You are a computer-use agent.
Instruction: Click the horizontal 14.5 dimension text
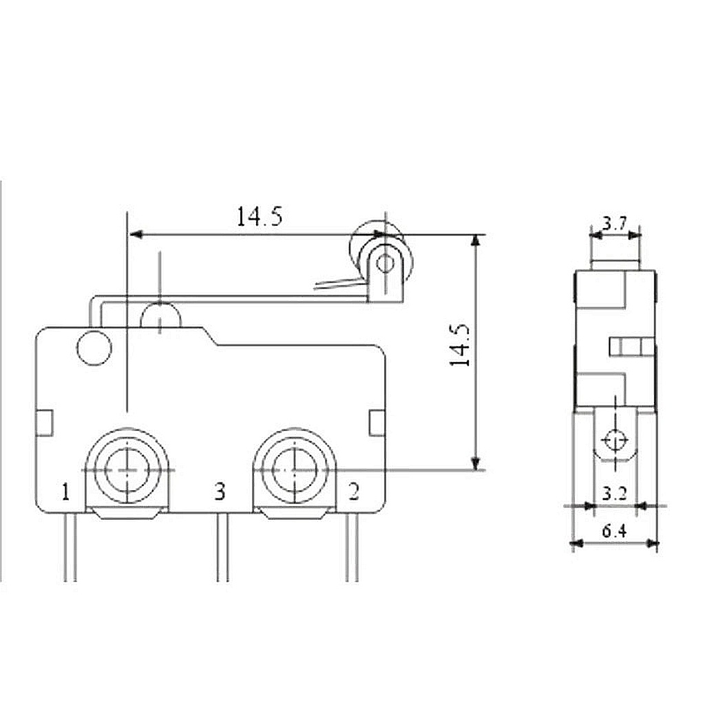tap(260, 216)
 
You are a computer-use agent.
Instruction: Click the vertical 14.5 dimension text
tap(460, 345)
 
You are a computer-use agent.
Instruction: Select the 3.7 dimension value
tap(615, 224)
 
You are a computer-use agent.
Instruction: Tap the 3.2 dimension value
tap(615, 494)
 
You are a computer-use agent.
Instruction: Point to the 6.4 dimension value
tap(614, 532)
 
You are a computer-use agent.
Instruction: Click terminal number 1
tap(66, 492)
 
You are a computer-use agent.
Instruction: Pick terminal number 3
tap(220, 492)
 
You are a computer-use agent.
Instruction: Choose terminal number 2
tap(354, 492)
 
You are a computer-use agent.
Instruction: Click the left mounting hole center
tap(127, 470)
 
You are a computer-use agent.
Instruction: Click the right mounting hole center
tap(294, 470)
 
